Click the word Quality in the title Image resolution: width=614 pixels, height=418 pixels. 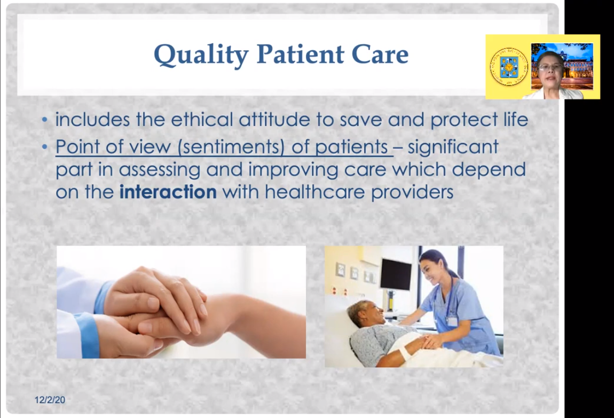point(201,55)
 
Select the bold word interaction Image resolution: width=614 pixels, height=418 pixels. point(168,192)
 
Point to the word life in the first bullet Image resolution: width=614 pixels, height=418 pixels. point(516,119)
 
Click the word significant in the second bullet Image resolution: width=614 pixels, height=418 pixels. point(453,147)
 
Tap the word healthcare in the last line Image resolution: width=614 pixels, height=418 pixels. point(315,192)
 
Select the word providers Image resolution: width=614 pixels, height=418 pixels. point(412,192)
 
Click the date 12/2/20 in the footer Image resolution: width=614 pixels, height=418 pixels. point(50,400)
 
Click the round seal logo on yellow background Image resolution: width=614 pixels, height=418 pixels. point(509,67)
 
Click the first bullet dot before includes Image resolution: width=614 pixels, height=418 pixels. point(45,120)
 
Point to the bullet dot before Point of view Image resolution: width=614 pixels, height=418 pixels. point(45,147)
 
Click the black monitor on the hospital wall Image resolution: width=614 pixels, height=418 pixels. point(396,274)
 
